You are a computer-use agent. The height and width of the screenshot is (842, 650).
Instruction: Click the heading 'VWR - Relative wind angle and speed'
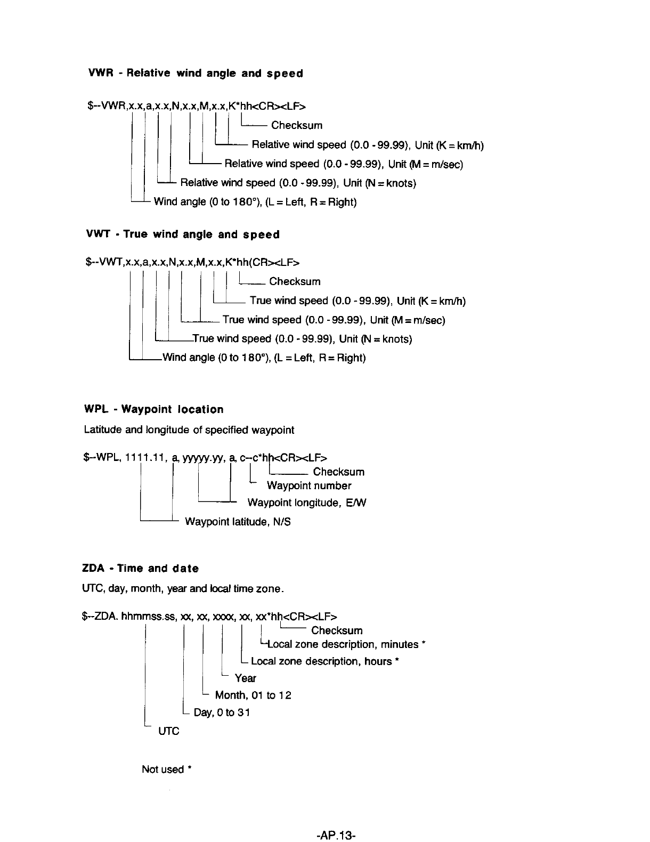click(x=195, y=74)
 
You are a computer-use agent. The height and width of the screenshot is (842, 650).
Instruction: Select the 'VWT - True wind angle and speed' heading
click(x=183, y=234)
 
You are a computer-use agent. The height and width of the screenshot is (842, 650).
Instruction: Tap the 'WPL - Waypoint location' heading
click(x=154, y=409)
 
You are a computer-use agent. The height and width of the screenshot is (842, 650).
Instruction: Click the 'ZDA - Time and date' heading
click(x=141, y=568)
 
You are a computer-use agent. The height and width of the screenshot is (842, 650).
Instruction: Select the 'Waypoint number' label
click(x=309, y=485)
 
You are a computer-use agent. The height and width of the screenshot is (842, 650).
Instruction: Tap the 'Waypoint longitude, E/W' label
click(x=307, y=503)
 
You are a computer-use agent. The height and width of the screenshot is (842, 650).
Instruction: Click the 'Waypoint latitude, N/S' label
click(x=238, y=522)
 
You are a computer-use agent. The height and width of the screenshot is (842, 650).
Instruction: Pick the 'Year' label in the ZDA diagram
click(x=245, y=678)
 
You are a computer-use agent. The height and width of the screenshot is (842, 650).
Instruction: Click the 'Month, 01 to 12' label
click(x=253, y=695)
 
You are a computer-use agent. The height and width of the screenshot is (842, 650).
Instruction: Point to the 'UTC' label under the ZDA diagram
click(x=169, y=731)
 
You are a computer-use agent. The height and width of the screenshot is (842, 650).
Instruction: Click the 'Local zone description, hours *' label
click(x=325, y=661)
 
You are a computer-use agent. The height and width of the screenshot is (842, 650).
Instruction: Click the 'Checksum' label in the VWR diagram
click(x=297, y=125)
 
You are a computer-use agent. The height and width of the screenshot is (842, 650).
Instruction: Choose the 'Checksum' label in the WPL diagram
click(x=339, y=472)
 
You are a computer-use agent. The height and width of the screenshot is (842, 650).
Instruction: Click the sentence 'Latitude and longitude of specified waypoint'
click(x=189, y=430)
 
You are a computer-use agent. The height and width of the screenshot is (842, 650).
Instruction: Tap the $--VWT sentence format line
click(x=192, y=262)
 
